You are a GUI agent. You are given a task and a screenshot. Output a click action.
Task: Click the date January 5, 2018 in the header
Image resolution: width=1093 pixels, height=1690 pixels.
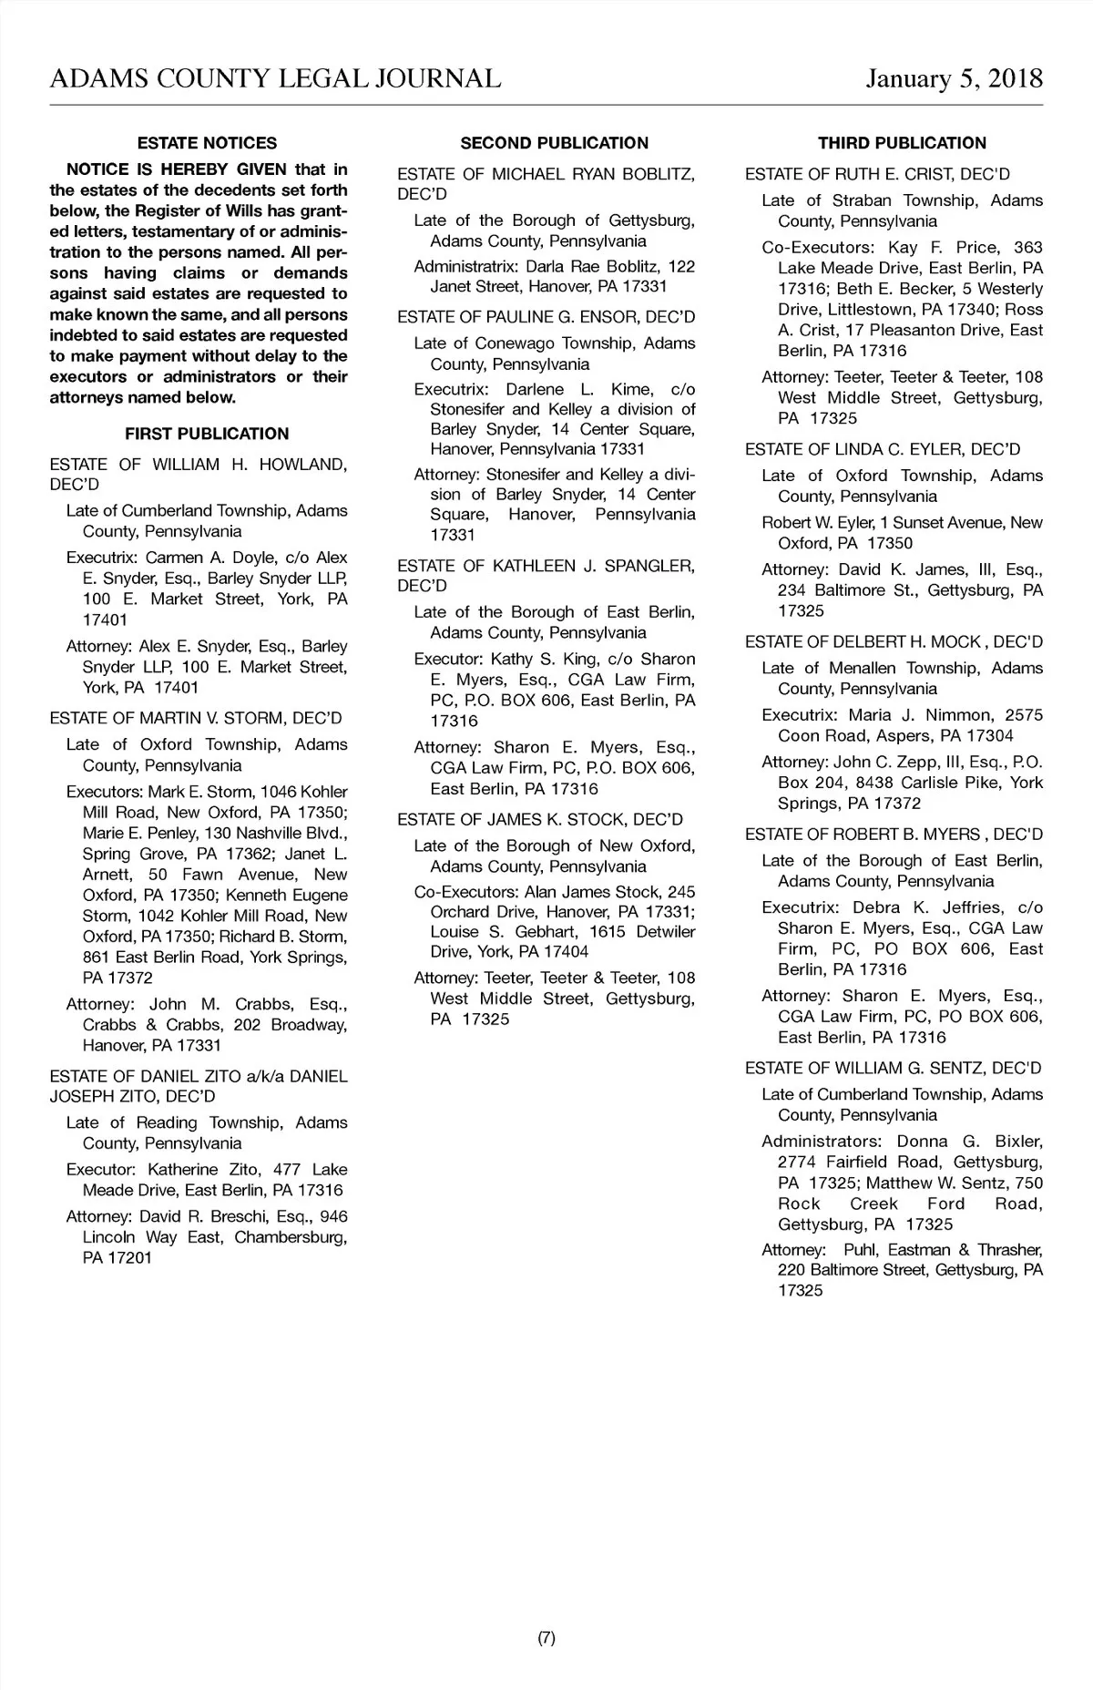pos(954,79)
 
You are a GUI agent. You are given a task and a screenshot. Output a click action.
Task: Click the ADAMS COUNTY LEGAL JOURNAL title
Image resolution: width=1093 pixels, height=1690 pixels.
pos(275,79)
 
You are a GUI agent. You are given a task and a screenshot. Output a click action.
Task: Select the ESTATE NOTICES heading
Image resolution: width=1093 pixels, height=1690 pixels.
pos(207,143)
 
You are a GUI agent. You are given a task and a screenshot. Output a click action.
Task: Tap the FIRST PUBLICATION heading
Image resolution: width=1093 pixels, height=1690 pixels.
pos(207,434)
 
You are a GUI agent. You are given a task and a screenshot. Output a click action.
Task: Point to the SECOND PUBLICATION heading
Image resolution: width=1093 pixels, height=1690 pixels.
pos(554,143)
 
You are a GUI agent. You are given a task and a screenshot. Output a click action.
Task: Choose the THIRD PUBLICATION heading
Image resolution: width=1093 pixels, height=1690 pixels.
pos(902,143)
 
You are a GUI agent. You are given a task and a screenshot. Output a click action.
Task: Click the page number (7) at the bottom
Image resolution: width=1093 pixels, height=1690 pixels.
pos(546,1638)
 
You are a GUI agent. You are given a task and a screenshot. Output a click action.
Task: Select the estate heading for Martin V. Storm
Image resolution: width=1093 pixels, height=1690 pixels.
pos(196,718)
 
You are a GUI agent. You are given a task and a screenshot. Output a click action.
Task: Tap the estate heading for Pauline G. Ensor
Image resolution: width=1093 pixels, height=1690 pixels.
pos(546,317)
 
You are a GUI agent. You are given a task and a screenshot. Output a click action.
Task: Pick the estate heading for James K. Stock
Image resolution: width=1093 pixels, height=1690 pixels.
pos(540,819)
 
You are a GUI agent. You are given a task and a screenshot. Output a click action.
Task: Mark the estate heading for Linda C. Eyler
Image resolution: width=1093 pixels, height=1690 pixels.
pos(883,449)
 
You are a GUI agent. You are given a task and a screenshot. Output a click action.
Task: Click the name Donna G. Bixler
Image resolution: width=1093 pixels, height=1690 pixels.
pos(969,1141)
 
